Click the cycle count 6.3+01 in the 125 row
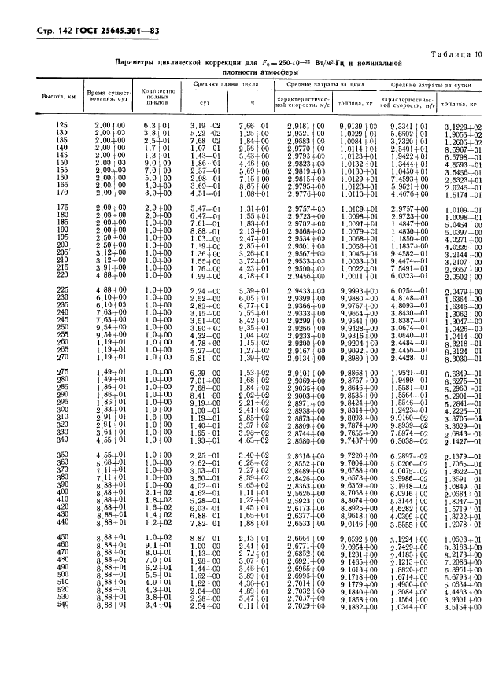click(x=156, y=126)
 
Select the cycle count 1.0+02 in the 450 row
click(x=156, y=536)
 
